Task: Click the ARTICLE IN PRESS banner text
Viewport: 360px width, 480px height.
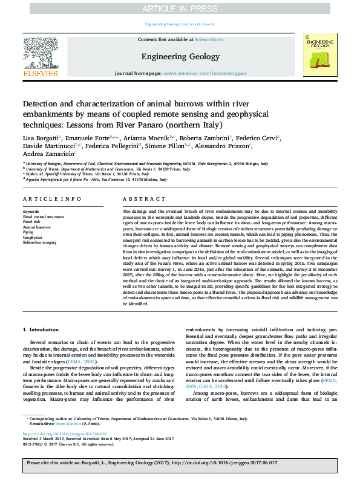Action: [x=180, y=8]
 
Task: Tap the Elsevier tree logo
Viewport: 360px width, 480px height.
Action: [x=40, y=53]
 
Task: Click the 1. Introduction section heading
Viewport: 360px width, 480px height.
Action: [x=41, y=329]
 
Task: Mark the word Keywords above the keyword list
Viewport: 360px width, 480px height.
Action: [x=30, y=211]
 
